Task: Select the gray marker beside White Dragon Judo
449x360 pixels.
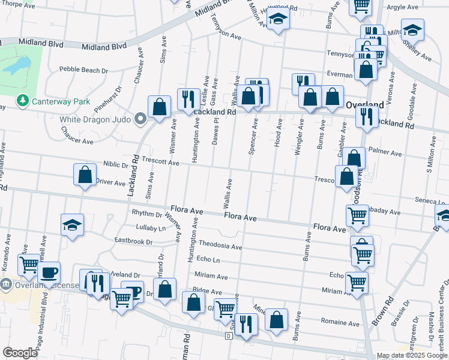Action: pyautogui.click(x=141, y=119)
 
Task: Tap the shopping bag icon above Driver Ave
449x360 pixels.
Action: pyautogui.click(x=85, y=175)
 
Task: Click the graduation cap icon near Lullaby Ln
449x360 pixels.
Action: pyautogui.click(x=72, y=225)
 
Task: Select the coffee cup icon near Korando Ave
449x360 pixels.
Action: pyautogui.click(x=49, y=271)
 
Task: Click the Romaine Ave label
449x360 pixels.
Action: pyautogui.click(x=340, y=323)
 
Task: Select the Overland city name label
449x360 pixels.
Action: pyautogui.click(x=365, y=104)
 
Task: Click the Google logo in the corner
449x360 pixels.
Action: pyautogui.click(x=20, y=353)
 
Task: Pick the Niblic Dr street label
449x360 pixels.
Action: pyautogui.click(x=116, y=164)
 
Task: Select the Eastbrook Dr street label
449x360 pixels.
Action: pyautogui.click(x=134, y=242)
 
